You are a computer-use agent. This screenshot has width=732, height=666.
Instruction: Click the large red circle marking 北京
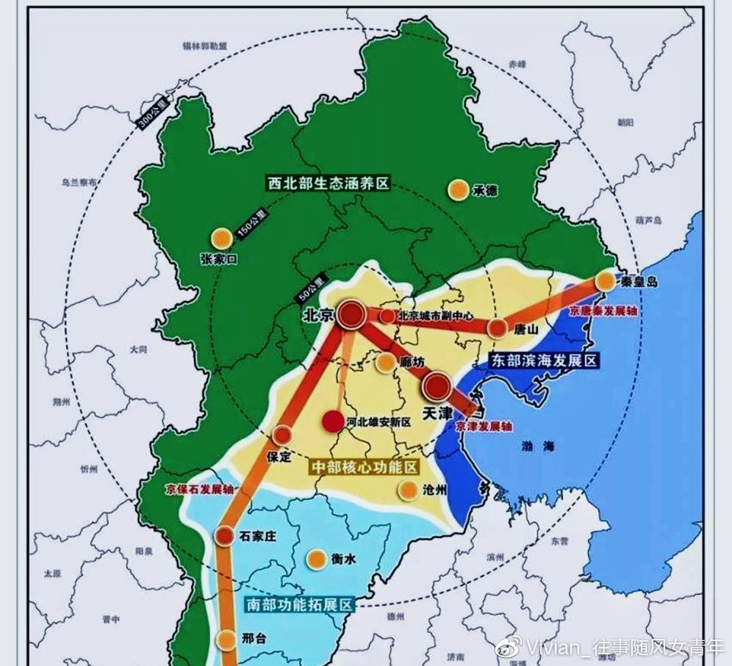pyautogui.click(x=352, y=315)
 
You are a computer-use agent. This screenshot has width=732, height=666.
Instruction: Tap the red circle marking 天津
pyautogui.click(x=437, y=386)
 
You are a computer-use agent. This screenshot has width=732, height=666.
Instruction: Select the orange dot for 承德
pyautogui.click(x=458, y=189)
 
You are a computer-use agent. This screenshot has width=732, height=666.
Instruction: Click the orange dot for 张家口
pyautogui.click(x=221, y=238)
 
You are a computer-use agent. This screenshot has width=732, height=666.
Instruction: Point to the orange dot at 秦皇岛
pyautogui.click(x=605, y=281)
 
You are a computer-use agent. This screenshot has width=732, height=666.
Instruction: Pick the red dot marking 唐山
pyautogui.click(x=498, y=328)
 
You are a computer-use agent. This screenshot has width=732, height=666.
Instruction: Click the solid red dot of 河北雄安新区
pyautogui.click(x=334, y=421)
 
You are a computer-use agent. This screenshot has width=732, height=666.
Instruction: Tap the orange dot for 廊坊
pyautogui.click(x=386, y=362)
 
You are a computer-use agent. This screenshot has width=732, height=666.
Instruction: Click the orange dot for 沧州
pyautogui.click(x=408, y=491)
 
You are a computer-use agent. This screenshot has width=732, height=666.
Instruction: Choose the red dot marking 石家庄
pyautogui.click(x=225, y=536)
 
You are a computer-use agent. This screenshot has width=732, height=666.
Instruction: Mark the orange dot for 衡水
pyautogui.click(x=317, y=560)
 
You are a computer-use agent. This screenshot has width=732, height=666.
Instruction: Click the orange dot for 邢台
pyautogui.click(x=226, y=639)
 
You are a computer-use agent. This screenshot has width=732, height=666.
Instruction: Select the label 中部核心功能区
pyautogui.click(x=364, y=468)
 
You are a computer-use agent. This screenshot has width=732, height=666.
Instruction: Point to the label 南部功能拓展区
pyautogui.click(x=298, y=604)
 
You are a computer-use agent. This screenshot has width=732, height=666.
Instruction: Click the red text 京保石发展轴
pyautogui.click(x=197, y=488)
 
